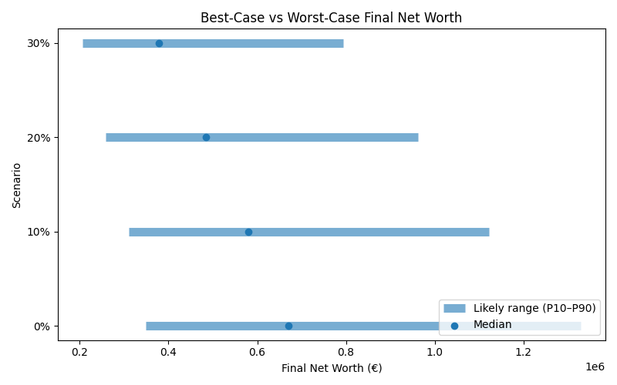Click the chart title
coord(331,18)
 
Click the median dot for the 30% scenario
coord(159,43)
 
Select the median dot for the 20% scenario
coord(206,137)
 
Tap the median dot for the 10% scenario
coord(248,232)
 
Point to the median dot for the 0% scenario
coord(288,326)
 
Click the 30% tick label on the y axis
coord(38,43)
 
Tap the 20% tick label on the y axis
coord(38,137)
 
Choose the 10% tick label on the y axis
coord(38,232)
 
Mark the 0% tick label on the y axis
coord(41,326)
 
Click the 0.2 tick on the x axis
coord(79,353)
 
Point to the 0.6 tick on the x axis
coord(257,353)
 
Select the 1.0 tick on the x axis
coord(435,353)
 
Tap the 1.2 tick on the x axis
coord(524,353)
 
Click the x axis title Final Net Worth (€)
coord(331,368)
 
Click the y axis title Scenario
coord(17,185)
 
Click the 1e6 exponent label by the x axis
coord(595,367)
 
